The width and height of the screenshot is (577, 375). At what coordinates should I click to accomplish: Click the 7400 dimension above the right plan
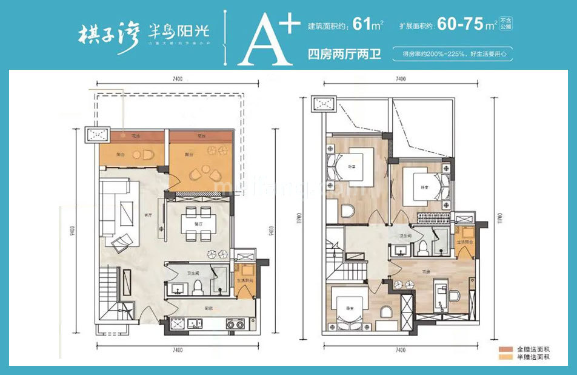pos(400,79)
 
